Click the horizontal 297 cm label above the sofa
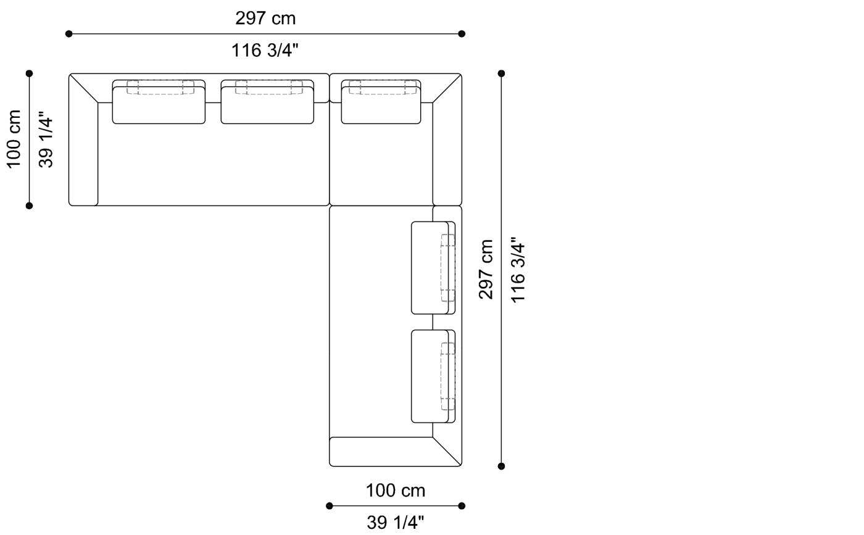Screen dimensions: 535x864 pyautogui.click(x=265, y=19)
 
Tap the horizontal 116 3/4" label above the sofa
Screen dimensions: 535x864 pyautogui.click(x=265, y=50)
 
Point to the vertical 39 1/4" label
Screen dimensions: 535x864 pyautogui.click(x=46, y=139)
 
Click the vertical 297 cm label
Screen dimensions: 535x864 pyautogui.click(x=486, y=269)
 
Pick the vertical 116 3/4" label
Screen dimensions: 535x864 pyautogui.click(x=518, y=269)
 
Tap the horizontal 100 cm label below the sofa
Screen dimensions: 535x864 pyautogui.click(x=396, y=491)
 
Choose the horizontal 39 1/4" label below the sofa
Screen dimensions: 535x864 pyautogui.click(x=396, y=523)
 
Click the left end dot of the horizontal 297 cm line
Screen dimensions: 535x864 pyautogui.click(x=69, y=34)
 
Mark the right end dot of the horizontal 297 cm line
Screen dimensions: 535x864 pyautogui.click(x=462, y=34)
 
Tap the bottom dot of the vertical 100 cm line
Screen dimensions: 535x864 pyautogui.click(x=29, y=205)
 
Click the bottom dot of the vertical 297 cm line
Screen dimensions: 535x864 pyautogui.click(x=501, y=466)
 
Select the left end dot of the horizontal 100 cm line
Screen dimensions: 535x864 pyautogui.click(x=330, y=506)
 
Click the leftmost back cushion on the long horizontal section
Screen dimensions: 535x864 pyautogui.click(x=159, y=105)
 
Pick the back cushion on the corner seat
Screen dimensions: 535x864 pyautogui.click(x=381, y=105)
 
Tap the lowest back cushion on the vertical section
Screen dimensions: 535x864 pyautogui.click(x=430, y=376)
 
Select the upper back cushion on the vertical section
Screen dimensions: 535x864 pyautogui.click(x=430, y=268)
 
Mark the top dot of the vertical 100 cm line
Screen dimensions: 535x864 pyautogui.click(x=29, y=73)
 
